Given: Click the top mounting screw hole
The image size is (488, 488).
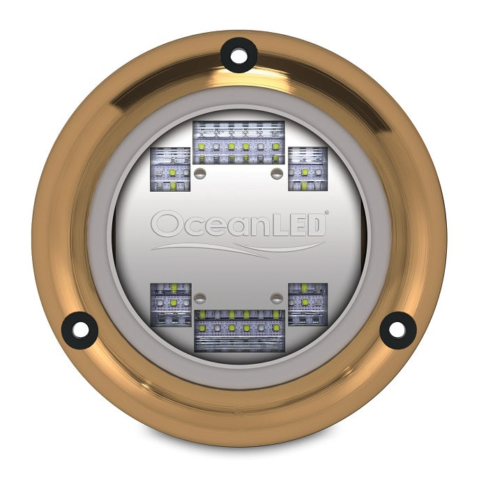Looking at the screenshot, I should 239,54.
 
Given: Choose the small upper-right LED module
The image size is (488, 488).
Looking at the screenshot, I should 307,169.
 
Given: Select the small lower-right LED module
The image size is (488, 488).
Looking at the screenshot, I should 307,304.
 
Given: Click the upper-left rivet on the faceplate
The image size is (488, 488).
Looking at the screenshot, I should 201,171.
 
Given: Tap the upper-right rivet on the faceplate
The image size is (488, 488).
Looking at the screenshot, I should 277,171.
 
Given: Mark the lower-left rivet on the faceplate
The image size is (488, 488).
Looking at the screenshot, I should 201,298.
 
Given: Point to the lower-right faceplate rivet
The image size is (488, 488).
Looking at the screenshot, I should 277,298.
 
